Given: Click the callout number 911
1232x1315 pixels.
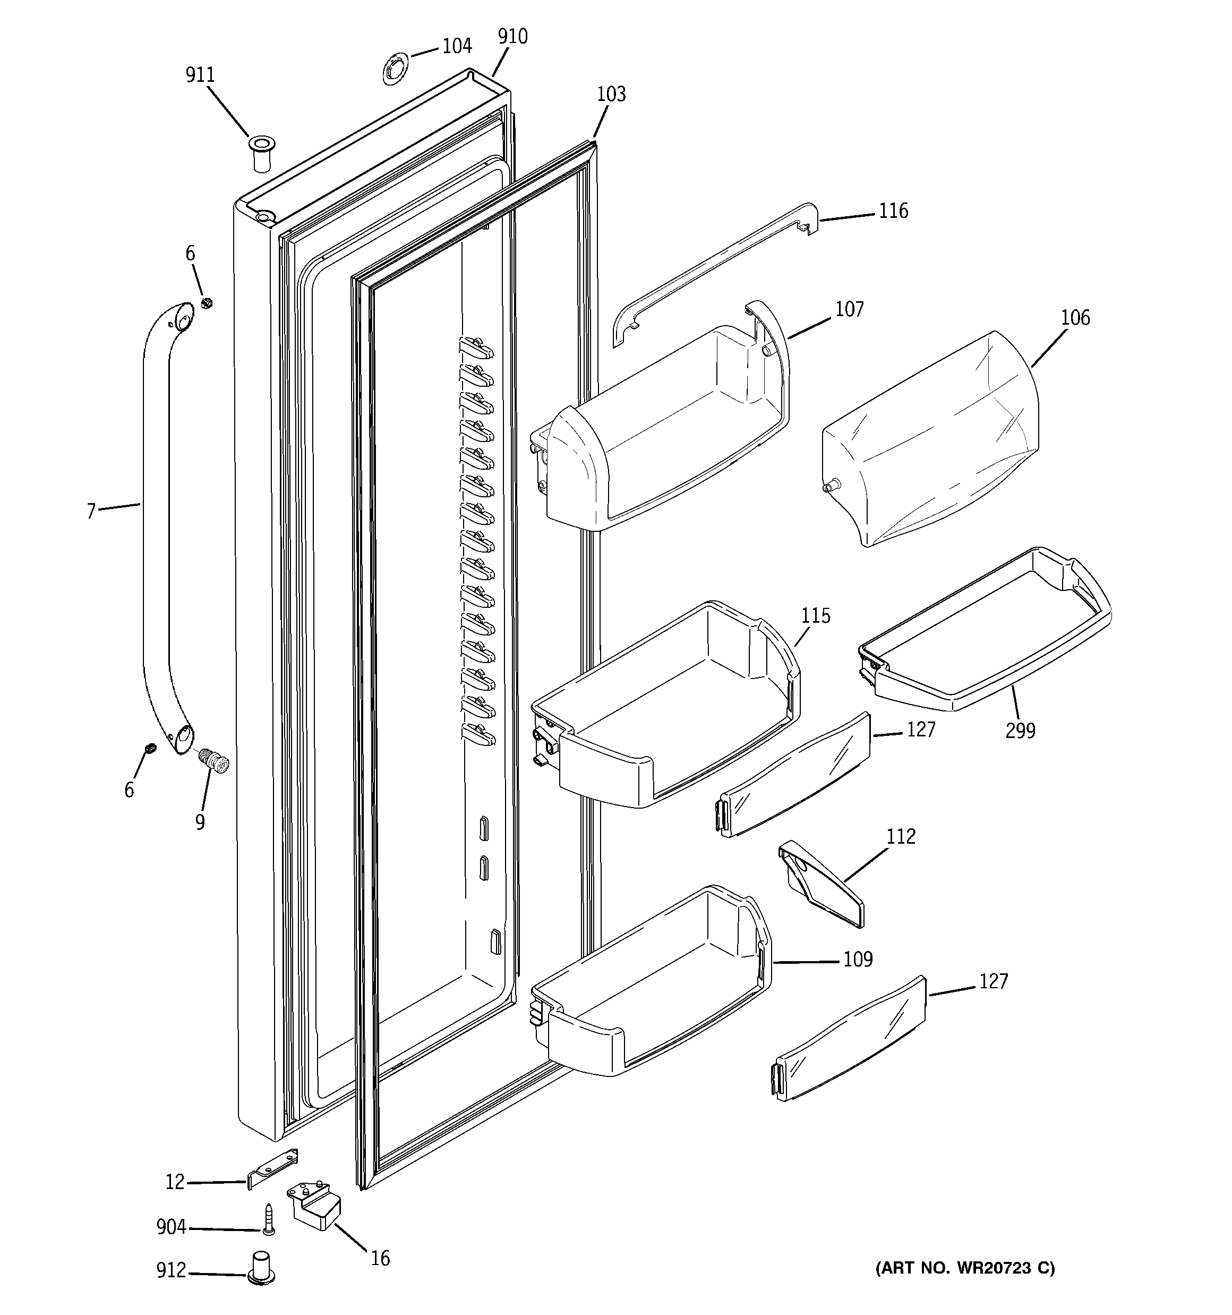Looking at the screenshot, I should [x=200, y=75].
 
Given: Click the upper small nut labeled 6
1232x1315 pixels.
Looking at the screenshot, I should [x=207, y=303].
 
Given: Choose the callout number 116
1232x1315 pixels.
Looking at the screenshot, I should [x=893, y=211].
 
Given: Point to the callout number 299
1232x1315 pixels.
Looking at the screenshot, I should [x=1020, y=731].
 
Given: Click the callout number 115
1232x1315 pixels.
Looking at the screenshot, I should [x=815, y=616].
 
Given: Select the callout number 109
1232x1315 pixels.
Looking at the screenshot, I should [x=858, y=959].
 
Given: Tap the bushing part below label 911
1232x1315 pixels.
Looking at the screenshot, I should [x=261, y=154].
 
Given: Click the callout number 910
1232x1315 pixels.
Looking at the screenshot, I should [x=512, y=36].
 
